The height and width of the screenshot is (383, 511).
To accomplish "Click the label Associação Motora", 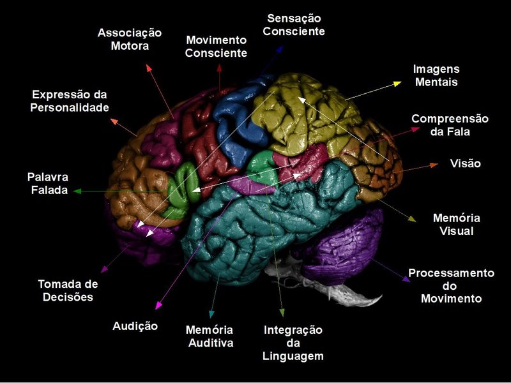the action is tap(129, 39).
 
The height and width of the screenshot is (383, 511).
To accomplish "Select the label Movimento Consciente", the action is tap(216, 47).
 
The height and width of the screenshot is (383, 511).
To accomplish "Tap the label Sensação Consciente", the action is tap(294, 24).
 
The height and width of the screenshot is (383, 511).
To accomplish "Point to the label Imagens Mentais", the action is tap(436, 75).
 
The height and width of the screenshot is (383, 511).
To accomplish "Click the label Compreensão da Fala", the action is tap(450, 126).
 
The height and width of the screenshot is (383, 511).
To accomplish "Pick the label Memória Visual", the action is tap(456, 225).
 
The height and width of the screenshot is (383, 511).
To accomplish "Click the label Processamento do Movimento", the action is tap(451, 285).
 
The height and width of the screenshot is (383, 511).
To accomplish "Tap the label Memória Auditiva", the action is tap(209, 336).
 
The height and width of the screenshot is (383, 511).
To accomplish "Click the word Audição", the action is tap(135, 326).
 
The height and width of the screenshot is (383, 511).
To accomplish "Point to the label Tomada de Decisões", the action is tap(68, 290).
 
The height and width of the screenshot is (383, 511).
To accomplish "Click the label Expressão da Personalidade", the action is tap(70, 101).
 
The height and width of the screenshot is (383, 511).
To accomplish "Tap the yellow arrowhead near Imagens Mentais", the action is tap(397, 82).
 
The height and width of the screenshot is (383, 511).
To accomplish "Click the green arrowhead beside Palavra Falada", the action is tap(76, 190).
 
